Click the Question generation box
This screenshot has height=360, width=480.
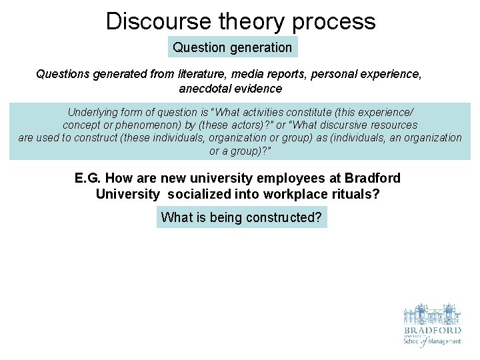pos(232,47)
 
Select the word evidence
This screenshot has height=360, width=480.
pos(260,89)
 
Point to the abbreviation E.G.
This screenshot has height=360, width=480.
pos(88,179)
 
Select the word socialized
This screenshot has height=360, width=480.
pos(199,194)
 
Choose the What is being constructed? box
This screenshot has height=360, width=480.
pos(241,217)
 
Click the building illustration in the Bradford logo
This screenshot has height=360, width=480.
pos(431,314)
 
